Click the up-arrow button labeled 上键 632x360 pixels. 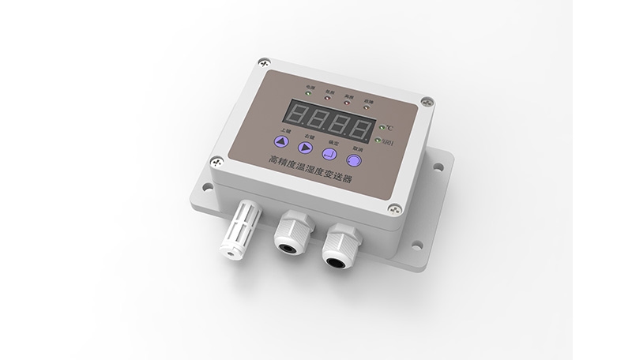(x=279, y=142)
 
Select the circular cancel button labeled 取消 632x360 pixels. (x=355, y=160)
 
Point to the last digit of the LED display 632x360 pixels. (x=363, y=127)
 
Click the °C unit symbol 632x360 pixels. (x=389, y=128)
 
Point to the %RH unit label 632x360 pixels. (x=386, y=142)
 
